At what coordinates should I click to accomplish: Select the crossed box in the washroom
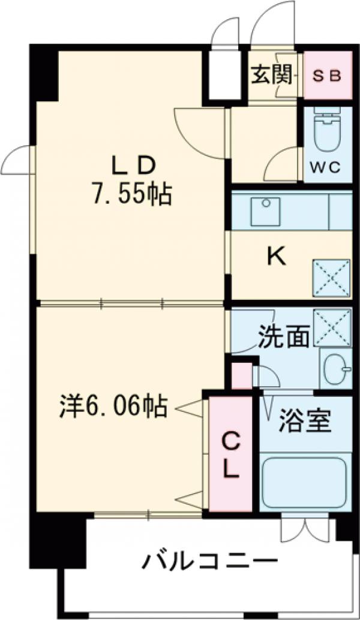(332, 326)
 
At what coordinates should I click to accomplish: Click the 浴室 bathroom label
(305, 422)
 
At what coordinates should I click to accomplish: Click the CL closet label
(230, 456)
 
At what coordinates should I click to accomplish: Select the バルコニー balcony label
(210, 562)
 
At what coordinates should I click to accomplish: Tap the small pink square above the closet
(241, 375)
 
